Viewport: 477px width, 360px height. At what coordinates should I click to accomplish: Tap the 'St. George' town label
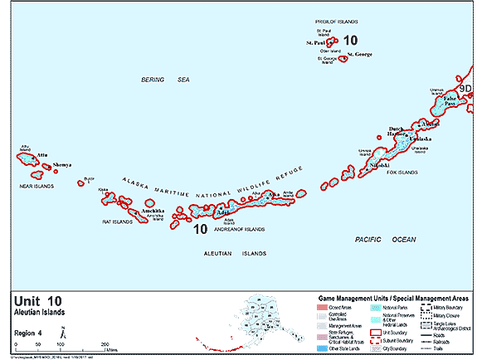tap(361, 54)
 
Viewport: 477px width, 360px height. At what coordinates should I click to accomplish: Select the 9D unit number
tap(467, 88)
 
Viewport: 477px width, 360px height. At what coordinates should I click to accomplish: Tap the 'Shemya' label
tap(62, 165)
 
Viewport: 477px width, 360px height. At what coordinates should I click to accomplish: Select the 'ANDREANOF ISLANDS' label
tap(240, 229)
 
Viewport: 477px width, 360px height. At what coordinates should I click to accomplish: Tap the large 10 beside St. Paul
tap(350, 40)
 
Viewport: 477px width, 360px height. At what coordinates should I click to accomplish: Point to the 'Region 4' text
tap(30, 332)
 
